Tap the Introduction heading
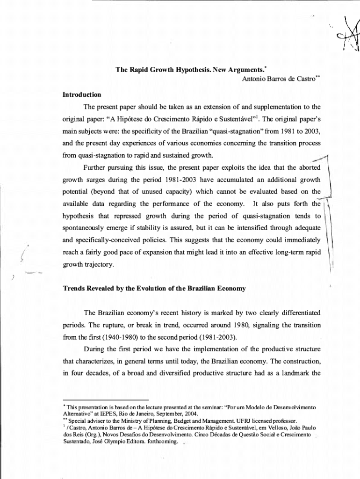click(x=81, y=94)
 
